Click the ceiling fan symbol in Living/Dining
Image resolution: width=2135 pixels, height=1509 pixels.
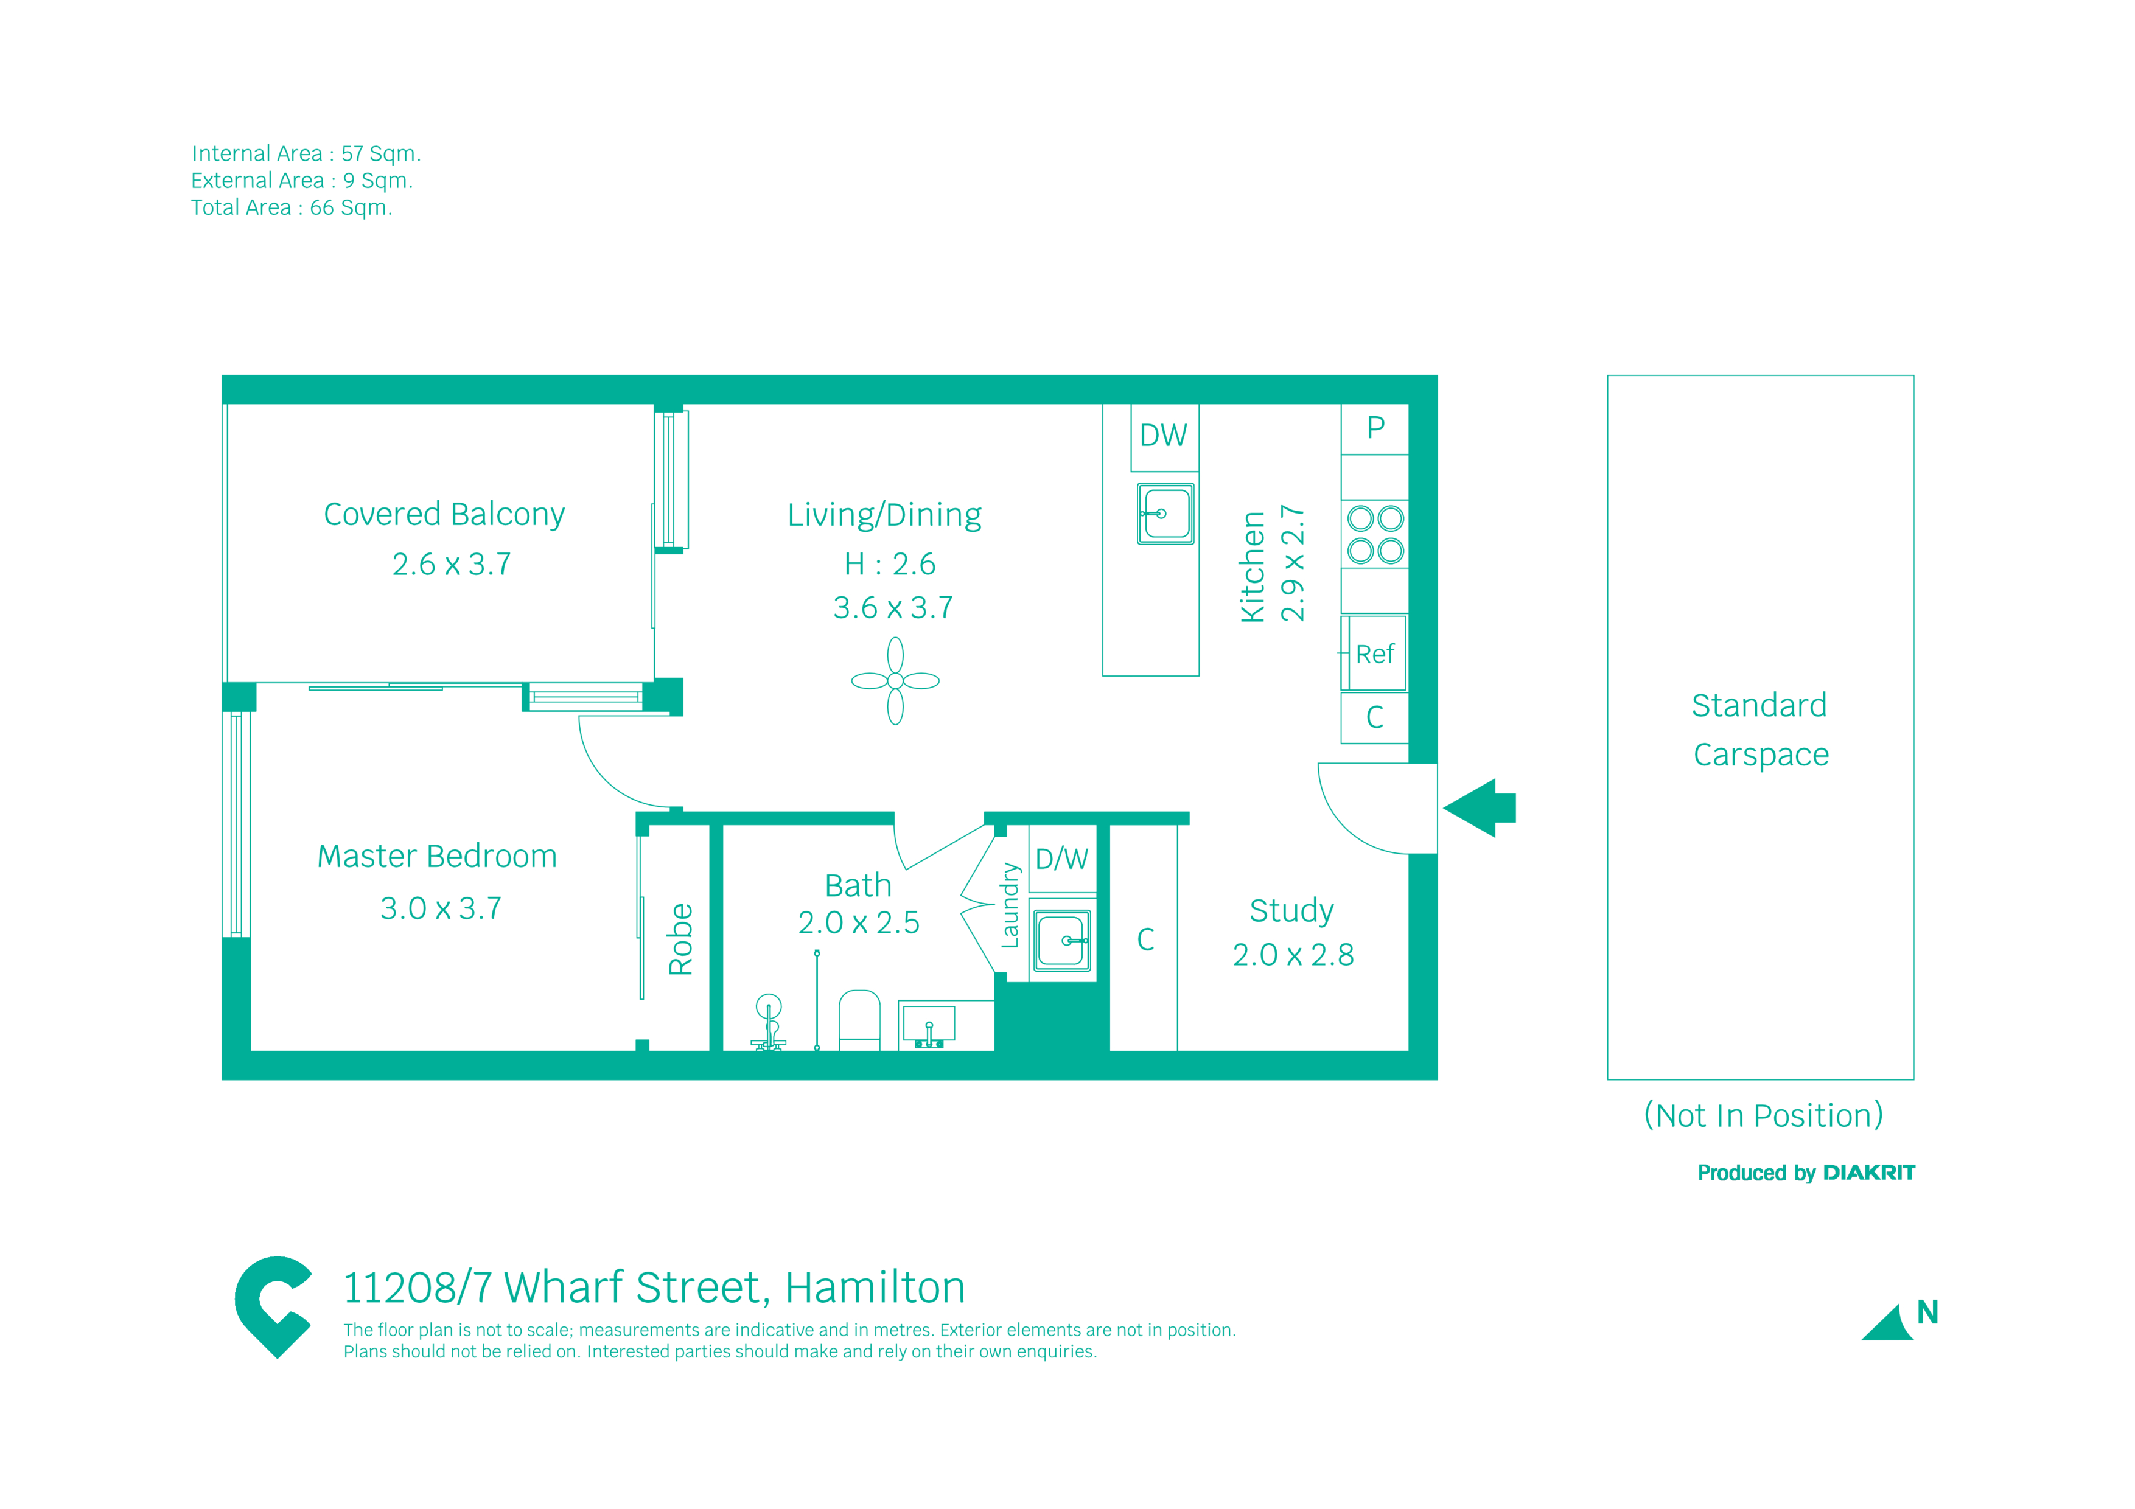point(895,681)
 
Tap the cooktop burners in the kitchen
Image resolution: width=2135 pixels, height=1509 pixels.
point(1375,535)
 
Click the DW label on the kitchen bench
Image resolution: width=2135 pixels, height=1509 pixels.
point(1163,435)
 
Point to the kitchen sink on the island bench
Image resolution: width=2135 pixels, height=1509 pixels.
point(1165,513)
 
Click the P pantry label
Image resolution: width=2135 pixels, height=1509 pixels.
point(1375,428)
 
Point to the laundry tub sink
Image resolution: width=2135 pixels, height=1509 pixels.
point(1062,940)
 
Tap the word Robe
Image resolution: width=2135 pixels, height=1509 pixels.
point(680,939)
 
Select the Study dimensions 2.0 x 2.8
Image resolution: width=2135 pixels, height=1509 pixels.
point(1293,955)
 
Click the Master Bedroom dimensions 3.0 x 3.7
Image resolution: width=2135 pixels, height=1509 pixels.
point(441,908)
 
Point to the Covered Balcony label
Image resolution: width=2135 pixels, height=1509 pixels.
point(444,514)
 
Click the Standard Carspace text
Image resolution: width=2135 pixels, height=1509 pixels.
point(1760,730)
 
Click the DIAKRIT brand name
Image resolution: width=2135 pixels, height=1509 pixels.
point(1869,1173)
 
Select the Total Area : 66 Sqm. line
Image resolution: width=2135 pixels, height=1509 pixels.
point(292,207)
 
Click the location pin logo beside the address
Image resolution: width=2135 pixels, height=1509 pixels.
point(273,1307)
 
